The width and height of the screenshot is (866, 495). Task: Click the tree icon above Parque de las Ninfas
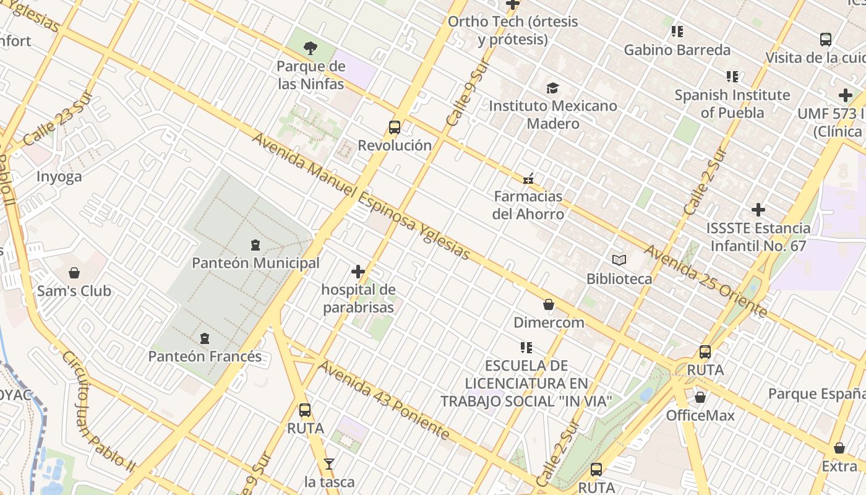click(311, 48)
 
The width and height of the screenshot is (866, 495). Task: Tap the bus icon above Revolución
click(395, 127)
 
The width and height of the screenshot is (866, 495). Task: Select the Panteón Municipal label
click(255, 263)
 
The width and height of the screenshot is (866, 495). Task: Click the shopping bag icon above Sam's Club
click(74, 273)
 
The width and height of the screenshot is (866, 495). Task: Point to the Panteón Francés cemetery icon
click(205, 338)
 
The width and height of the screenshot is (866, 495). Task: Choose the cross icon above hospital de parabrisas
click(358, 272)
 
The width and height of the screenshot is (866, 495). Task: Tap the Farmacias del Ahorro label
click(528, 205)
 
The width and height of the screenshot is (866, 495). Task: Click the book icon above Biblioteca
click(619, 260)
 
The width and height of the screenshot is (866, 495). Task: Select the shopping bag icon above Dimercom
click(549, 304)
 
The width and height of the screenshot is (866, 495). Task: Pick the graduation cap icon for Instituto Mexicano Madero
click(552, 88)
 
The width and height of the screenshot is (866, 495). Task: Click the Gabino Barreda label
click(677, 50)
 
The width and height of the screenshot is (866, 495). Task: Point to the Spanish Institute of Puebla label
click(732, 104)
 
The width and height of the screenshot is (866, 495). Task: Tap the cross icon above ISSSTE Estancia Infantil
click(758, 210)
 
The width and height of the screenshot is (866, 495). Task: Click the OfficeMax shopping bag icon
click(700, 397)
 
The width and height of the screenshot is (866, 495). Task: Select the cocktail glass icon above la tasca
click(329, 463)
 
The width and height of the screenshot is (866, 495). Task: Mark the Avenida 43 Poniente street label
click(384, 399)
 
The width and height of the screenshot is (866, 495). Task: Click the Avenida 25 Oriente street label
click(706, 281)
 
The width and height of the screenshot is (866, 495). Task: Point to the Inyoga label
click(59, 176)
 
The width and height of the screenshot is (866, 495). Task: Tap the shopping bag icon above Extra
click(839, 448)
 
